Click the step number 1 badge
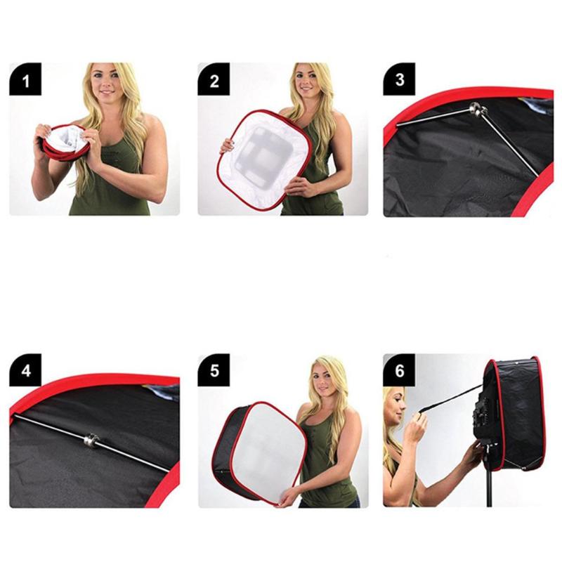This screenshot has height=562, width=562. (25, 79)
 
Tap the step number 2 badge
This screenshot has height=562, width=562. (214, 79)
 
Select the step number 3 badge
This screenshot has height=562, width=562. (399, 79)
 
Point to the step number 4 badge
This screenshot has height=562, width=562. (25, 371)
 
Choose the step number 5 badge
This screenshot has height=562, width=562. (214, 371)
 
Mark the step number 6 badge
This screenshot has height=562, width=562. (399, 371)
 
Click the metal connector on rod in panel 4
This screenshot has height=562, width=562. (91, 441)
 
